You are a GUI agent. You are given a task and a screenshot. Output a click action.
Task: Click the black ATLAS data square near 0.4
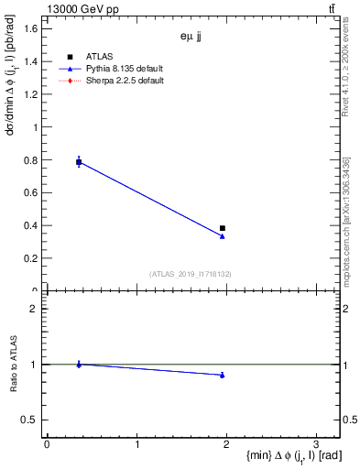223,228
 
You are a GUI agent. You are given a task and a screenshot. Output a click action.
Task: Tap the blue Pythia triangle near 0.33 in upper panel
223,236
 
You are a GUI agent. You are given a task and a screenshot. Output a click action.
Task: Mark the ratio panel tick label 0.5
30,420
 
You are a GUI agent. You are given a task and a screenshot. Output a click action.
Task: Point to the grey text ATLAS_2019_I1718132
191,274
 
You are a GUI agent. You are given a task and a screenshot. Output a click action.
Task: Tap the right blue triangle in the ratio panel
223,375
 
